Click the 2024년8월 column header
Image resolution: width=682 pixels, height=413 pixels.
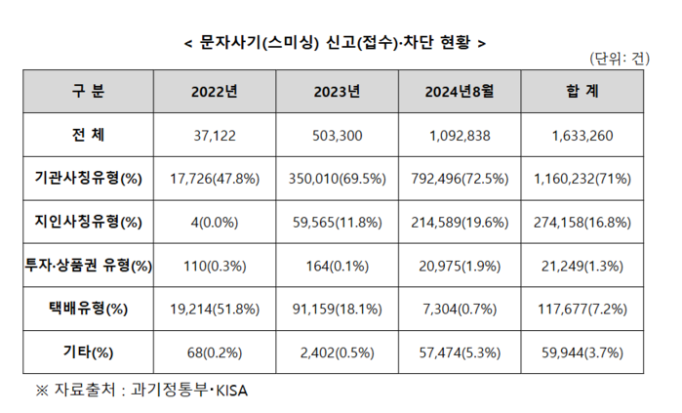(x=461, y=93)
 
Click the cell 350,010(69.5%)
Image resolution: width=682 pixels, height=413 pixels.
(x=338, y=179)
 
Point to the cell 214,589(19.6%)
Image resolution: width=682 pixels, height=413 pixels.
(x=461, y=222)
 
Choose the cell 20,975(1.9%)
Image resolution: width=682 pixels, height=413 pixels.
(x=461, y=266)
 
